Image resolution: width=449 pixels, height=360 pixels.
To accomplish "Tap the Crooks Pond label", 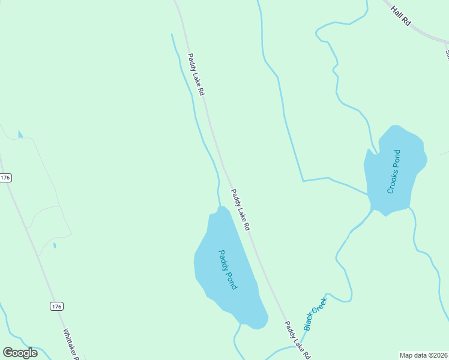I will point(394,172).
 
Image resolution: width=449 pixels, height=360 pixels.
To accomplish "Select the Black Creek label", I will point(315,314).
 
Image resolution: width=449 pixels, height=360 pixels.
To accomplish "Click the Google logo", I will point(20,353).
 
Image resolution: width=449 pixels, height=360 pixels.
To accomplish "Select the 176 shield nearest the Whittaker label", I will point(56,307).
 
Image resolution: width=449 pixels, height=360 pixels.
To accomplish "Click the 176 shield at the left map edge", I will point(5,178).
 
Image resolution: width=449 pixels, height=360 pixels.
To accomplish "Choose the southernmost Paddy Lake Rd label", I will point(297,340).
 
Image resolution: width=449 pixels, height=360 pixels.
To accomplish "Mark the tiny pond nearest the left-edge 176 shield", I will point(20,134).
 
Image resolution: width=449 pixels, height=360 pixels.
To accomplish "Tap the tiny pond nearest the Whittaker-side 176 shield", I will point(55,245).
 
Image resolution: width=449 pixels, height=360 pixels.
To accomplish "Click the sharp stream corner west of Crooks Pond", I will point(303,180).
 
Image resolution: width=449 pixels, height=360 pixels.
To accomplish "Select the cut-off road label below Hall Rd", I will point(447,53).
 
